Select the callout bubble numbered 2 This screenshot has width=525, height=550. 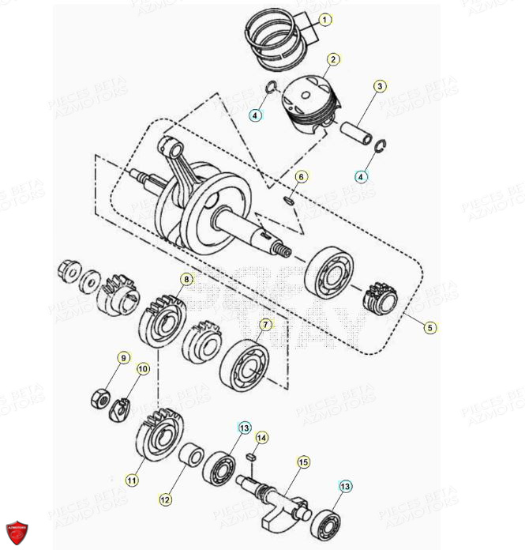click(333, 59)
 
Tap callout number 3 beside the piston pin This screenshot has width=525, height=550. click(380, 86)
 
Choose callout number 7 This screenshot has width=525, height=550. click(266, 325)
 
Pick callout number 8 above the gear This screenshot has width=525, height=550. click(186, 279)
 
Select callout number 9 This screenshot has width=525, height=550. click(123, 358)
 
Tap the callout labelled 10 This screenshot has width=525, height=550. click(143, 368)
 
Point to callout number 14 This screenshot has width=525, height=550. click(262, 437)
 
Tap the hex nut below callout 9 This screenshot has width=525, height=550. click(101, 398)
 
